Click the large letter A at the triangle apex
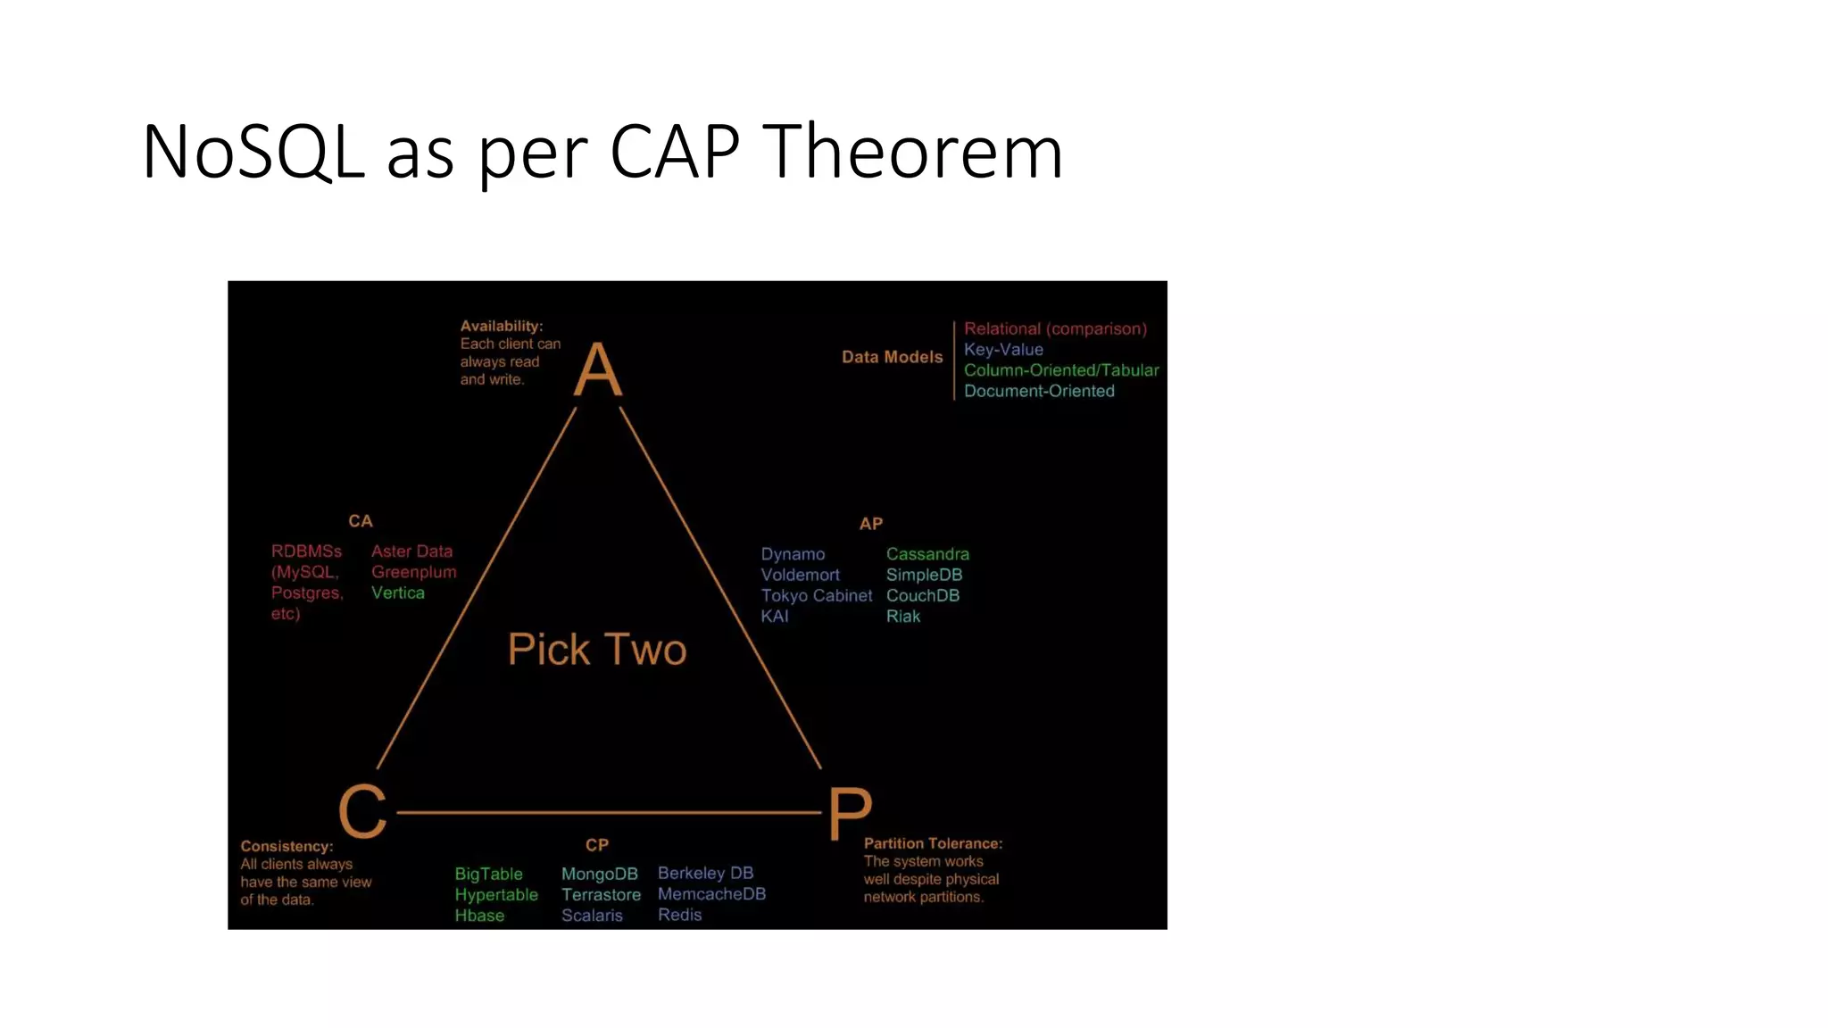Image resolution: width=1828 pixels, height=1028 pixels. (x=597, y=369)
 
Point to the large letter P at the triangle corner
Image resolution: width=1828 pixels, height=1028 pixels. (x=849, y=812)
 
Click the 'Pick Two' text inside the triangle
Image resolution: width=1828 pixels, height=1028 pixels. (x=597, y=649)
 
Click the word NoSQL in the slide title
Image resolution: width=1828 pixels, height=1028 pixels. (x=253, y=152)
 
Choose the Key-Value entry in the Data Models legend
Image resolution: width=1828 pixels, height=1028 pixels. (x=1003, y=350)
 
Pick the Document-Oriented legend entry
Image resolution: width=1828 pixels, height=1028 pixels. (x=1039, y=391)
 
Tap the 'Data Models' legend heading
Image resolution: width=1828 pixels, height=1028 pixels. (x=892, y=357)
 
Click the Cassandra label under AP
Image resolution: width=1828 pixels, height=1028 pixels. (x=927, y=554)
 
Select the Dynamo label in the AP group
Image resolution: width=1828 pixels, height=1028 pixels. (x=793, y=554)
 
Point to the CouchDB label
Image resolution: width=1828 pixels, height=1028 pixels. (x=923, y=595)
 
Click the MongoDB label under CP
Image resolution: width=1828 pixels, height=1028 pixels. (x=599, y=874)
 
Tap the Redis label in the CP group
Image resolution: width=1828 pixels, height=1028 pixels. (x=679, y=915)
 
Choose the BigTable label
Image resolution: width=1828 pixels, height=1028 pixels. (x=488, y=874)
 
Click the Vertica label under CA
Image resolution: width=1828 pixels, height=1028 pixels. (x=398, y=593)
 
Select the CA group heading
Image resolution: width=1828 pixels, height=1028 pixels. (x=361, y=521)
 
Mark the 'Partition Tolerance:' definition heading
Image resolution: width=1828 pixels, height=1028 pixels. (x=933, y=843)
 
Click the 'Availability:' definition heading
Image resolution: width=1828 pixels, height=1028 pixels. (x=502, y=327)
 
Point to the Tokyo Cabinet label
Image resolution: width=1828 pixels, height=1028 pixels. (x=816, y=595)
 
